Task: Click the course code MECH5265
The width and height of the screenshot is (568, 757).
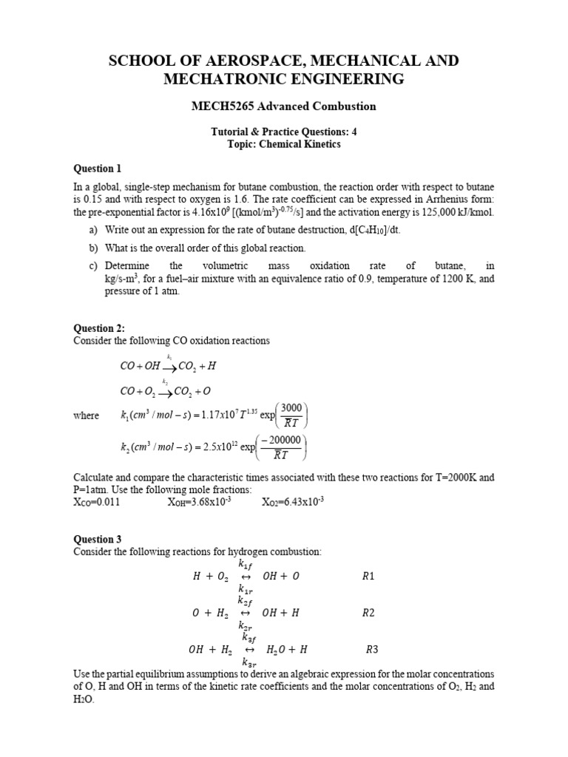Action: click(x=219, y=106)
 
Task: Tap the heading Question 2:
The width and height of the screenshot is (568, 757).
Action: click(x=99, y=328)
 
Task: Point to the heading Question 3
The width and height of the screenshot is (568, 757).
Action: click(x=97, y=539)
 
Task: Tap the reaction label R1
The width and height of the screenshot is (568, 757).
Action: click(x=368, y=576)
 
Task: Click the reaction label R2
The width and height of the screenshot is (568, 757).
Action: click(x=368, y=613)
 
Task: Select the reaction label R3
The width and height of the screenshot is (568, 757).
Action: click(x=372, y=650)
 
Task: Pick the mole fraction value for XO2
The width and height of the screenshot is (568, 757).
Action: click(x=293, y=502)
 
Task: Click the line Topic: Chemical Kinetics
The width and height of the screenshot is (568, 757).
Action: click(x=284, y=144)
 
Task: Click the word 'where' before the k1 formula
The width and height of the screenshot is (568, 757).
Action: click(x=86, y=415)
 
